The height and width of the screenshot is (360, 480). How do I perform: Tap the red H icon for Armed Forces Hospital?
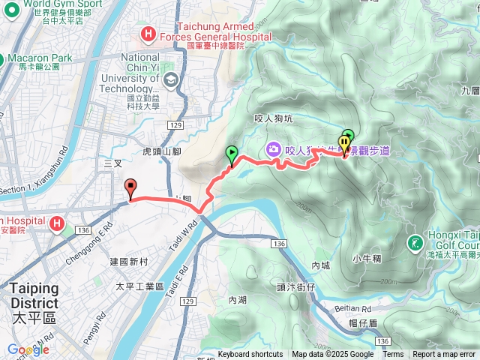[x=147, y=34]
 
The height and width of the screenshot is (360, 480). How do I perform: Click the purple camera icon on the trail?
[x=273, y=149]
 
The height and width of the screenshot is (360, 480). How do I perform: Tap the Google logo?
[x=28, y=349]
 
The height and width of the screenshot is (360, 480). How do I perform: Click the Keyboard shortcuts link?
[x=250, y=355]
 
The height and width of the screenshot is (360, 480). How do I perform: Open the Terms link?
[x=393, y=355]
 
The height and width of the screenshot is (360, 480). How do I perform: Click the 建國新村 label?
[x=130, y=262]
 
